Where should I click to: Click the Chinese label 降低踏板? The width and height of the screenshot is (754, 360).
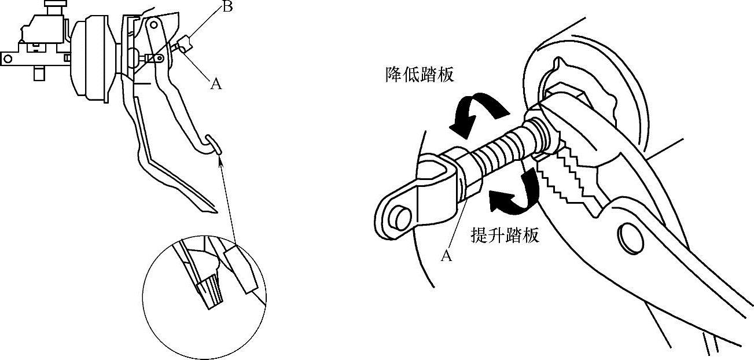(420, 76)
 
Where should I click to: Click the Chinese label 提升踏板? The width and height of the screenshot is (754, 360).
(505, 235)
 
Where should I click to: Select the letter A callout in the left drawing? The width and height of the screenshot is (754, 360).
(216, 84)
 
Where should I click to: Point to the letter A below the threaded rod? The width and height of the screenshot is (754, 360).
(446, 255)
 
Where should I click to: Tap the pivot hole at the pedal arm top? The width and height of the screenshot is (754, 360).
(153, 25)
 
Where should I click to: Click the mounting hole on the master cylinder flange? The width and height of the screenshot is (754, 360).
(8, 58)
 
